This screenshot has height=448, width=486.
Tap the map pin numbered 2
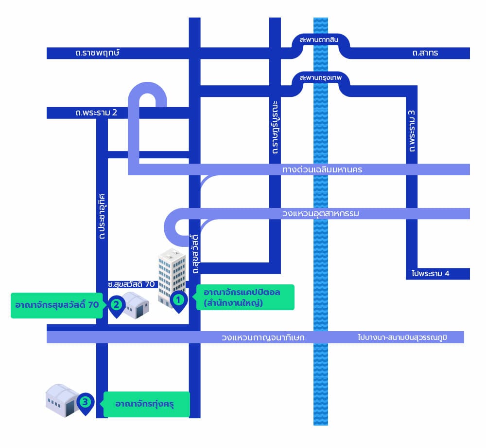click(x=117, y=305)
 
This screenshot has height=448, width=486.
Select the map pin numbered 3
click(x=86, y=403)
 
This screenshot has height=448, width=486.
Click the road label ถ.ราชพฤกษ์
click(x=98, y=53)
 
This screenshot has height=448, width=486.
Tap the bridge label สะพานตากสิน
click(x=319, y=39)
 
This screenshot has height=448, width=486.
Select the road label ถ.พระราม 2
click(x=96, y=112)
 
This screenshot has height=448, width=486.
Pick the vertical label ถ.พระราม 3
click(x=412, y=131)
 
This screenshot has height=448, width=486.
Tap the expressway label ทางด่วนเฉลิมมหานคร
click(x=322, y=169)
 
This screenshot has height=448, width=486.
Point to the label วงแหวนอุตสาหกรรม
click(x=320, y=213)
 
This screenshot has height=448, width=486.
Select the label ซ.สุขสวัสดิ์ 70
click(x=131, y=283)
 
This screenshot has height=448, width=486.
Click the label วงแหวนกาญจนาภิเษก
click(x=263, y=337)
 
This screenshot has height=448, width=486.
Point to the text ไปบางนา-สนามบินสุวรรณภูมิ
click(x=409, y=337)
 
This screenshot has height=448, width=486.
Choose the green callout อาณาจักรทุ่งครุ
click(x=146, y=404)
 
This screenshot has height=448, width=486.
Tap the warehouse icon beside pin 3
click(x=62, y=401)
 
